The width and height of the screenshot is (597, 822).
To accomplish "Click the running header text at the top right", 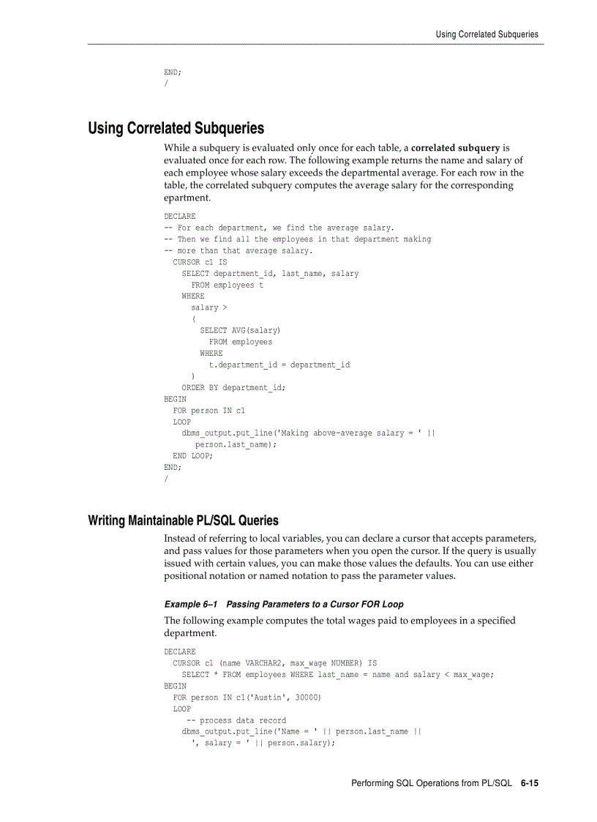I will pyautogui.click(x=487, y=34).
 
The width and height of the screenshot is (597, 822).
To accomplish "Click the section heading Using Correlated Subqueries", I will pyautogui.click(x=176, y=128).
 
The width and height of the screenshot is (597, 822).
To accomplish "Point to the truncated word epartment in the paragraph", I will pyautogui.click(x=187, y=198).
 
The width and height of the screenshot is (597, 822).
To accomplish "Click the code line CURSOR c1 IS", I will pyautogui.click(x=200, y=262).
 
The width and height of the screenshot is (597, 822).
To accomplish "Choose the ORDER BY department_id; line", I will pyautogui.click(x=233, y=388).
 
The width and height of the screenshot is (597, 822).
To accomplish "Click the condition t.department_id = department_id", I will pyautogui.click(x=279, y=365).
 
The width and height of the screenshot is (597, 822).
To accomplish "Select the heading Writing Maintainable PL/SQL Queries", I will pyautogui.click(x=183, y=520).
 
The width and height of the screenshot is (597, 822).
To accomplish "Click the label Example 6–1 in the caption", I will pyautogui.click(x=192, y=605).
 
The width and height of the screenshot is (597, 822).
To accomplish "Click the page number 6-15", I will pyautogui.click(x=530, y=783).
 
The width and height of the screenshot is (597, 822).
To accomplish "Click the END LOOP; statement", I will pyautogui.click(x=192, y=456).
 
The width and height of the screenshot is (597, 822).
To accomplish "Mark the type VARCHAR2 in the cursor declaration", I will pyautogui.click(x=265, y=663).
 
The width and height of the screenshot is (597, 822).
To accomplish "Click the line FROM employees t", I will pyautogui.click(x=227, y=285).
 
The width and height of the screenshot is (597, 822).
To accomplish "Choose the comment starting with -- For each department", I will pyautogui.click(x=279, y=228).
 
